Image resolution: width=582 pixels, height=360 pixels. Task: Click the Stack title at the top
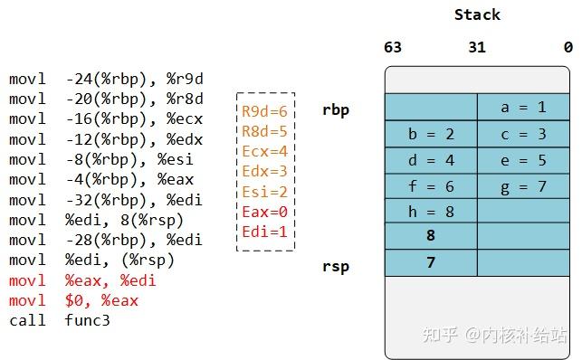(477, 14)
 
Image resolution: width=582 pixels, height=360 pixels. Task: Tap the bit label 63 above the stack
(393, 48)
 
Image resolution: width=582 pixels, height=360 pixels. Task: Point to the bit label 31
(477, 48)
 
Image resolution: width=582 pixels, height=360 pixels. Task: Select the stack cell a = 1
(523, 108)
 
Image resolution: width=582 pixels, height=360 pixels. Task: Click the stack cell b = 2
(431, 134)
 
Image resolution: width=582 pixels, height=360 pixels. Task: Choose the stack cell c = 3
(523, 134)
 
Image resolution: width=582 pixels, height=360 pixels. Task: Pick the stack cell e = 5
(523, 160)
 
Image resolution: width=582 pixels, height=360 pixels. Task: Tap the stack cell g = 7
(523, 186)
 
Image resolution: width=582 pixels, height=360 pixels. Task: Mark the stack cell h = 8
(431, 212)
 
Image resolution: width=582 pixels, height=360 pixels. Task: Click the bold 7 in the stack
(431, 263)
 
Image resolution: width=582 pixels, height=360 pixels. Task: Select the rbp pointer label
(336, 110)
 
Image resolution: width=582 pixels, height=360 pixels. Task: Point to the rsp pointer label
(336, 266)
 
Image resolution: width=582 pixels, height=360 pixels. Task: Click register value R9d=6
(264, 111)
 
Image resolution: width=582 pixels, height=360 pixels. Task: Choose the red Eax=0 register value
(264, 211)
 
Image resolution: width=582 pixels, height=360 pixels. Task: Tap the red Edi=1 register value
(264, 231)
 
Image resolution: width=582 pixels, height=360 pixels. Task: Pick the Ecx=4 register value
(264, 151)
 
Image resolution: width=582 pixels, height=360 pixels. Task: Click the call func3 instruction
(60, 320)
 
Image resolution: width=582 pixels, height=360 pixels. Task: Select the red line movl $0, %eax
(74, 300)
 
